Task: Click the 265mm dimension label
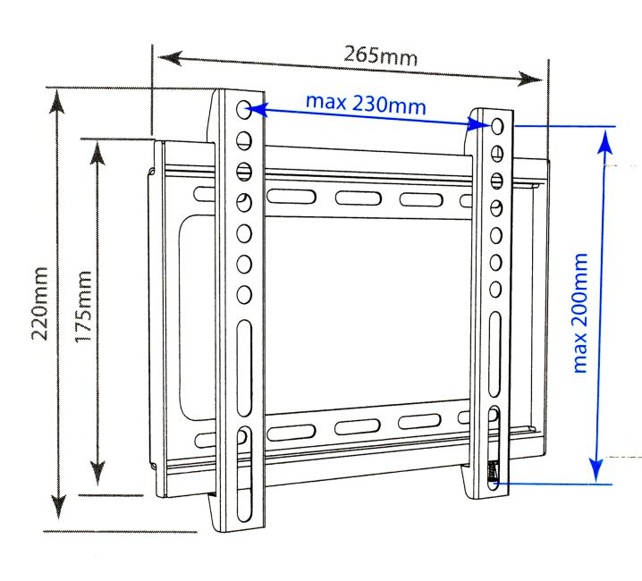(380, 55)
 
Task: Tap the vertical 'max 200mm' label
(581, 313)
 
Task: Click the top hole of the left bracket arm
(244, 111)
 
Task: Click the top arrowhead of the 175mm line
(97, 146)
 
